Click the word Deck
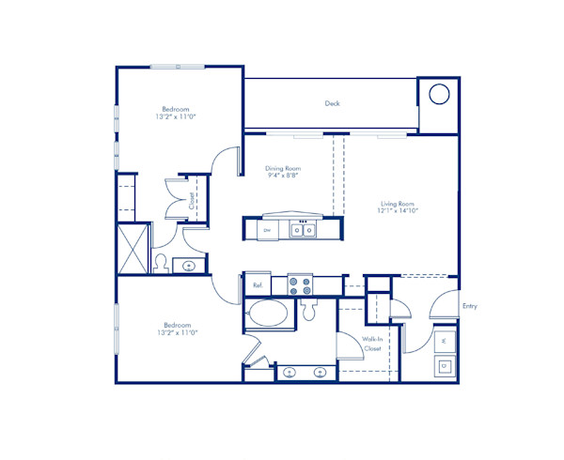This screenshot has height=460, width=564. click(x=332, y=103)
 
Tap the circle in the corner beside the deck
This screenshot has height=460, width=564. click(x=439, y=94)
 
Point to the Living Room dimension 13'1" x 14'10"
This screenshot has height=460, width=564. click(x=399, y=212)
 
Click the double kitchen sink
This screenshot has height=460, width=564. click(x=302, y=229)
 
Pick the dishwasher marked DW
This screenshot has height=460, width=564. click(x=267, y=230)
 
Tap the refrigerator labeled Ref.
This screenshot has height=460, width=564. click(x=258, y=284)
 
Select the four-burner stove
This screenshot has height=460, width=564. click(x=301, y=284)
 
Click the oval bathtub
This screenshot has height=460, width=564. click(x=268, y=314)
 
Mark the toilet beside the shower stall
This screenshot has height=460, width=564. click(x=162, y=262)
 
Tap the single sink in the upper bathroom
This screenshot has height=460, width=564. click(x=192, y=266)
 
